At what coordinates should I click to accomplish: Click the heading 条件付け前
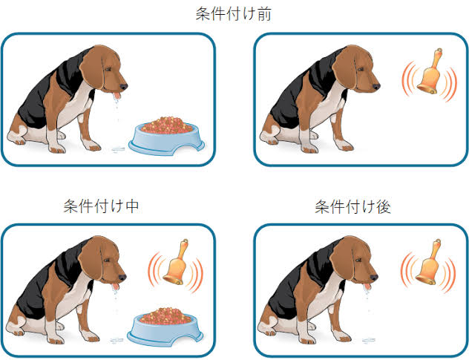pyautogui.click(x=233, y=14)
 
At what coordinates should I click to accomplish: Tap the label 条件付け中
pyautogui.click(x=101, y=206)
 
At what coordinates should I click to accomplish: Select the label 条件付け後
pyautogui.click(x=353, y=207)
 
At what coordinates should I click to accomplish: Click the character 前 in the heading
pyautogui.click(x=264, y=14)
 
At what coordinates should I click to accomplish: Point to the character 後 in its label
pyautogui.click(x=384, y=207)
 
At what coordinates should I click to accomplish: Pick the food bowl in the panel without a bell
pyautogui.click(x=167, y=136)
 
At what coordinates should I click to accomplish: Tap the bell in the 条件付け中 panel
pyautogui.click(x=176, y=263)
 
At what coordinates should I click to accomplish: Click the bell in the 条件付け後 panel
pyautogui.click(x=428, y=263)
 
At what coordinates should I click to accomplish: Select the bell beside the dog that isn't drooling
pyautogui.click(x=430, y=71)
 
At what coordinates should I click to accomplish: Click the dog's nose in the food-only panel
pyautogui.click(x=123, y=87)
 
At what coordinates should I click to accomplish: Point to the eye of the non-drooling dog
pyautogui.click(x=361, y=69)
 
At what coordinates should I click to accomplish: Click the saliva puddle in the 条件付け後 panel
pyautogui.click(x=369, y=340)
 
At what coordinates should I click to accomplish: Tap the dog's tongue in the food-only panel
pyautogui.click(x=117, y=96)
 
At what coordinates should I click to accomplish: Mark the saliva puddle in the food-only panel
pyautogui.click(x=118, y=148)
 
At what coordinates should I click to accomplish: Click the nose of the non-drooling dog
pyautogui.click(x=376, y=87)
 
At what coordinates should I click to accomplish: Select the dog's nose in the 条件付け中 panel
pyautogui.click(x=122, y=278)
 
